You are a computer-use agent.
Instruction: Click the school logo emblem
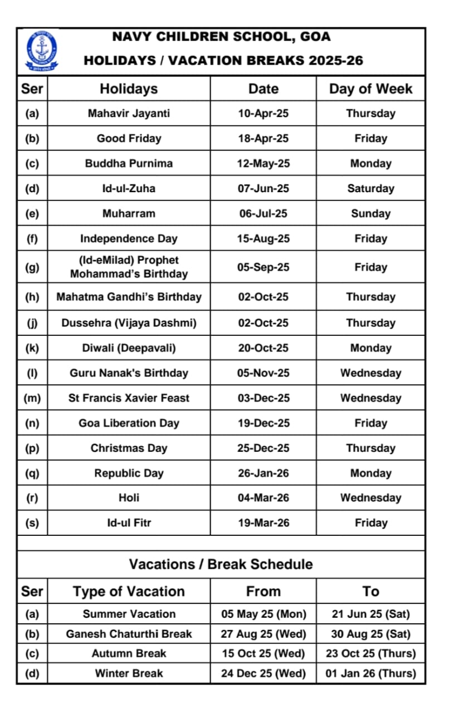click(41, 51)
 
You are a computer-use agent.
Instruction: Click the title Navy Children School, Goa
click(221, 37)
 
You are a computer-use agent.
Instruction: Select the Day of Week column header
click(370, 89)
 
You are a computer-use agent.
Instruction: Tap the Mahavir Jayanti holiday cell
click(129, 114)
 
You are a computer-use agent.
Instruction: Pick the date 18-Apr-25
click(263, 139)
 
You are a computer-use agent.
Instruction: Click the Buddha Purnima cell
click(129, 164)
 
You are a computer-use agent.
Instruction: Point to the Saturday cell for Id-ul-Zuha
click(370, 189)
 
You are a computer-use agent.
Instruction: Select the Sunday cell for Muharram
click(370, 214)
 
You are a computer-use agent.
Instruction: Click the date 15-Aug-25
click(263, 239)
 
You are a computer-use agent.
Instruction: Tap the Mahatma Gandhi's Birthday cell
click(129, 297)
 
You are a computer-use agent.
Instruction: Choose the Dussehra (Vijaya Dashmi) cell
click(129, 323)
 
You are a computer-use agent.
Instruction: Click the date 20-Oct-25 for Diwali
click(263, 348)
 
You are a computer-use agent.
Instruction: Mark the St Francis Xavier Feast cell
click(129, 398)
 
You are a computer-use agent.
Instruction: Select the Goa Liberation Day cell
click(129, 423)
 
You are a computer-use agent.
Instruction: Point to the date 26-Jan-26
click(263, 473)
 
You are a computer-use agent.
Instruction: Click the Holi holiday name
click(129, 498)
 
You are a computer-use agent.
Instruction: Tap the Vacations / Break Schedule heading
click(221, 564)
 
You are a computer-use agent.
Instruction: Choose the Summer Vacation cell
click(129, 614)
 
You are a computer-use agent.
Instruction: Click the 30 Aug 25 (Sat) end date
click(370, 634)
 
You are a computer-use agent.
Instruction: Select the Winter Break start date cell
click(263, 673)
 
